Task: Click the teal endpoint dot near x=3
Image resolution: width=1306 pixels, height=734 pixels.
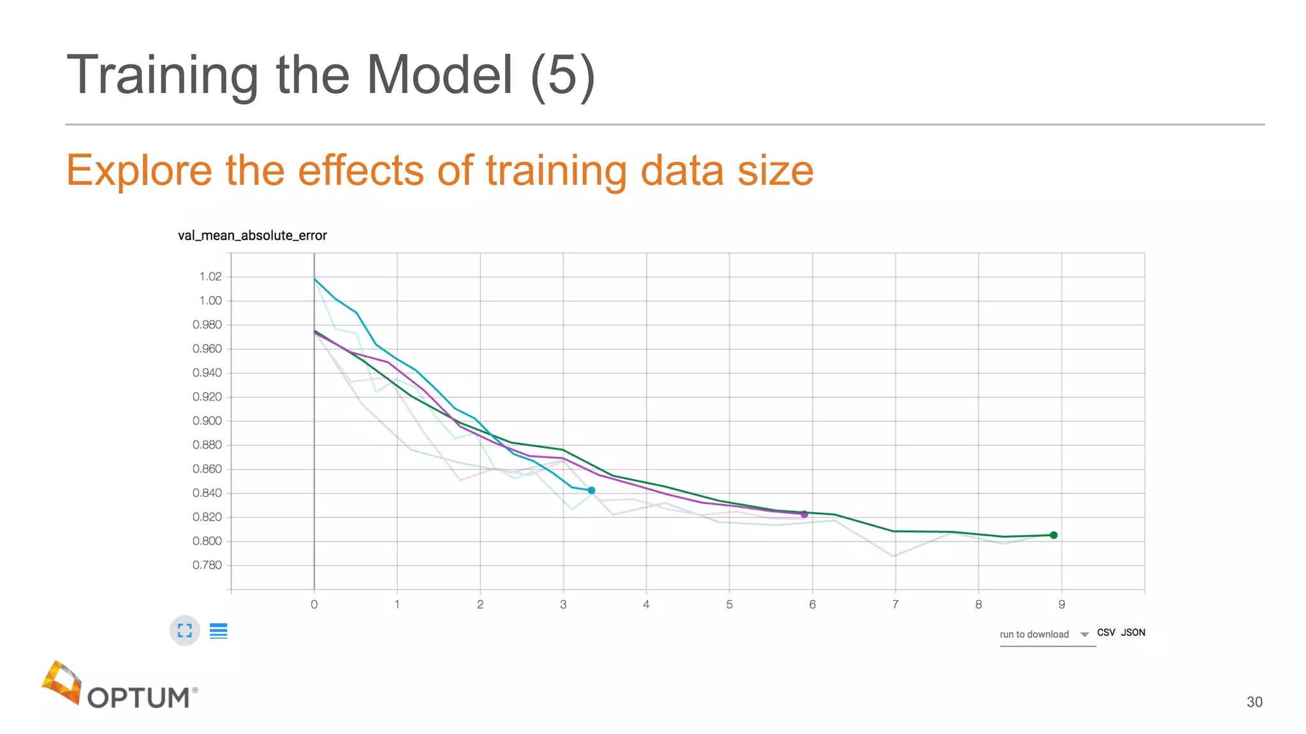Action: tap(591, 490)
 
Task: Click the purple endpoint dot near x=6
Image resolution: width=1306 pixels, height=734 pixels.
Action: tap(804, 514)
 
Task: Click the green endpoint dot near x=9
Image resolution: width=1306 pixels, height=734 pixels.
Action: tap(1053, 535)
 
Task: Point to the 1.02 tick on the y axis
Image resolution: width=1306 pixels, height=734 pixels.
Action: tap(210, 277)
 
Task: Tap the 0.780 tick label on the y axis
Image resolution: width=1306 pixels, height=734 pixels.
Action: tap(207, 565)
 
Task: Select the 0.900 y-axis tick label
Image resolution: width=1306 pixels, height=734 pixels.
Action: tap(207, 421)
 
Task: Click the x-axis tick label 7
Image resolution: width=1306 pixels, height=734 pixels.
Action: tap(895, 604)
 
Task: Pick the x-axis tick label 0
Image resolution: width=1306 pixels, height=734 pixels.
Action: tap(314, 604)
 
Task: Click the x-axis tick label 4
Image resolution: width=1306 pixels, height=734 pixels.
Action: tap(646, 604)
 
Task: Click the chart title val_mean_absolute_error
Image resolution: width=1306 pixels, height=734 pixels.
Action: tap(252, 236)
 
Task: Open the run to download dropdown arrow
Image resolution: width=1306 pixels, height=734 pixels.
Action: tap(1084, 635)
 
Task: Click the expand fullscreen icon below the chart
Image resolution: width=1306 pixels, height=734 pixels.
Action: tap(185, 631)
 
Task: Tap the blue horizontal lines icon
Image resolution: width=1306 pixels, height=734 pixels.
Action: tap(219, 631)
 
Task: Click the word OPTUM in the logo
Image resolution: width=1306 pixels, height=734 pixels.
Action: tap(138, 698)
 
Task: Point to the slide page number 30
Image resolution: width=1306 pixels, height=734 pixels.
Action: tap(1254, 702)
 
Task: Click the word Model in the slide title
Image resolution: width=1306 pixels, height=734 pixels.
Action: tap(439, 75)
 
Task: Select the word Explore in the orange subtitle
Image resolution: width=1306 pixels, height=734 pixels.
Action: tap(139, 171)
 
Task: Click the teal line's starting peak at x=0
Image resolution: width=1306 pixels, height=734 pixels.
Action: tap(314, 279)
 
